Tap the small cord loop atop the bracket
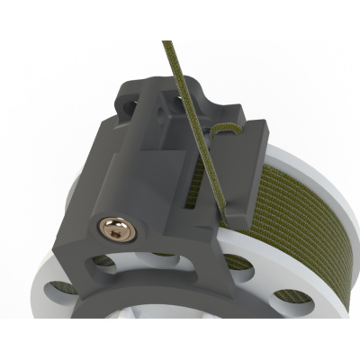(228, 131)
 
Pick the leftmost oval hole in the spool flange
(60, 288)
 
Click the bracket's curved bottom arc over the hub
(135, 297)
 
